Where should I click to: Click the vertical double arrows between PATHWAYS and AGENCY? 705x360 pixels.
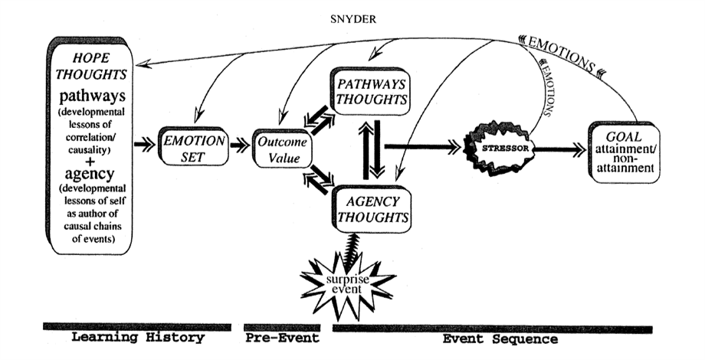369,150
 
